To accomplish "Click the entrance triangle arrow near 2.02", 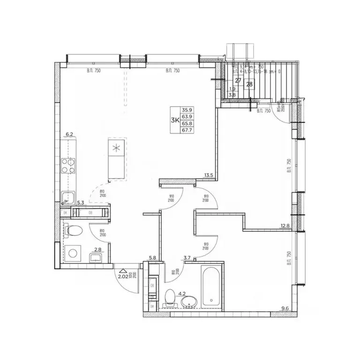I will (x=123, y=270).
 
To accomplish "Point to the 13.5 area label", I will (x=209, y=176).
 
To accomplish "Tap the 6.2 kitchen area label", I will (x=70, y=135).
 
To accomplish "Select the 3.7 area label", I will (x=187, y=257).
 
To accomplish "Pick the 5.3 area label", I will (x=81, y=203).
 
